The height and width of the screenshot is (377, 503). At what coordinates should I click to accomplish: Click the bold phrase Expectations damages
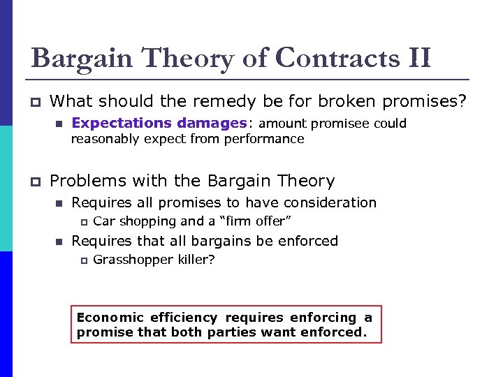pyautogui.click(x=159, y=123)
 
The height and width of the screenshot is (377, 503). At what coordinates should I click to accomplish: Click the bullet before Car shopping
pyautogui.click(x=81, y=222)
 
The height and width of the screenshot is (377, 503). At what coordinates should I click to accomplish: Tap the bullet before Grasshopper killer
pyautogui.click(x=81, y=260)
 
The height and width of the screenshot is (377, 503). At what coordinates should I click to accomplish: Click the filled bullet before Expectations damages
pyautogui.click(x=59, y=124)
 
